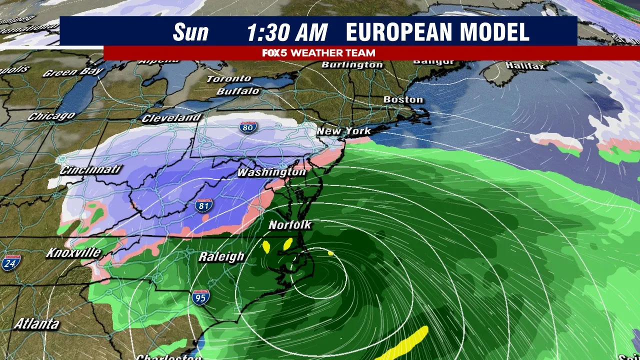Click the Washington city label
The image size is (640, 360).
coord(271,172)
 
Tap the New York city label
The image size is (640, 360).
coord(343,131)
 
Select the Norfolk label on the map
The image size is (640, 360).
coord(290,225)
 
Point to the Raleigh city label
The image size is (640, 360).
coord(221,256)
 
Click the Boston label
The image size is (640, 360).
coord(403,99)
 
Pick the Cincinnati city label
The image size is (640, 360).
coord(90,169)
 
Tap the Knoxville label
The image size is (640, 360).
coord(73,252)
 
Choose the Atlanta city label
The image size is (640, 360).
coord(36,323)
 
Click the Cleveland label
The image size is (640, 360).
coord(171,118)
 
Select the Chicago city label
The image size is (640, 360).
coord(51,116)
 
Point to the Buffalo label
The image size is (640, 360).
coord(238,91)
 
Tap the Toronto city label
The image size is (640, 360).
coord(229,78)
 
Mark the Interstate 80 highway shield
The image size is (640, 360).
coord(247,127)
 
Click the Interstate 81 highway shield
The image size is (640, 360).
coord(203,205)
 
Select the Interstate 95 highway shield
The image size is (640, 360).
coord(200,297)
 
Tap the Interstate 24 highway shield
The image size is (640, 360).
coord(10,263)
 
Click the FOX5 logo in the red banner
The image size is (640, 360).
coord(274,52)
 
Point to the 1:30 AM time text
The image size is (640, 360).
coord(287,32)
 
